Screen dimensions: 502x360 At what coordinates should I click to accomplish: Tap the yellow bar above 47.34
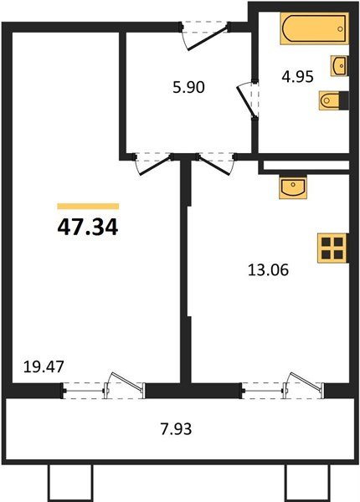coord(88,206)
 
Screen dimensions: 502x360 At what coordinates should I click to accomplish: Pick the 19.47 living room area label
coord(43,366)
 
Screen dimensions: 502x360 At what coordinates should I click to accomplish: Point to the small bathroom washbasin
coord(339,65)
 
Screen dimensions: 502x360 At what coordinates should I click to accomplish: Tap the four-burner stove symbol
coord(332,248)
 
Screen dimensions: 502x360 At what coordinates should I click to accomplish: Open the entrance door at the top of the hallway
coord(204,33)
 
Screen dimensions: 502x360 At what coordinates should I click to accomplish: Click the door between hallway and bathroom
coord(249,100)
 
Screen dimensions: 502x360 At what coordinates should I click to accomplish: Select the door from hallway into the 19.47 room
coord(151,162)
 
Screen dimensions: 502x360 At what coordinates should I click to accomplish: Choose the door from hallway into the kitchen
coord(213,162)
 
